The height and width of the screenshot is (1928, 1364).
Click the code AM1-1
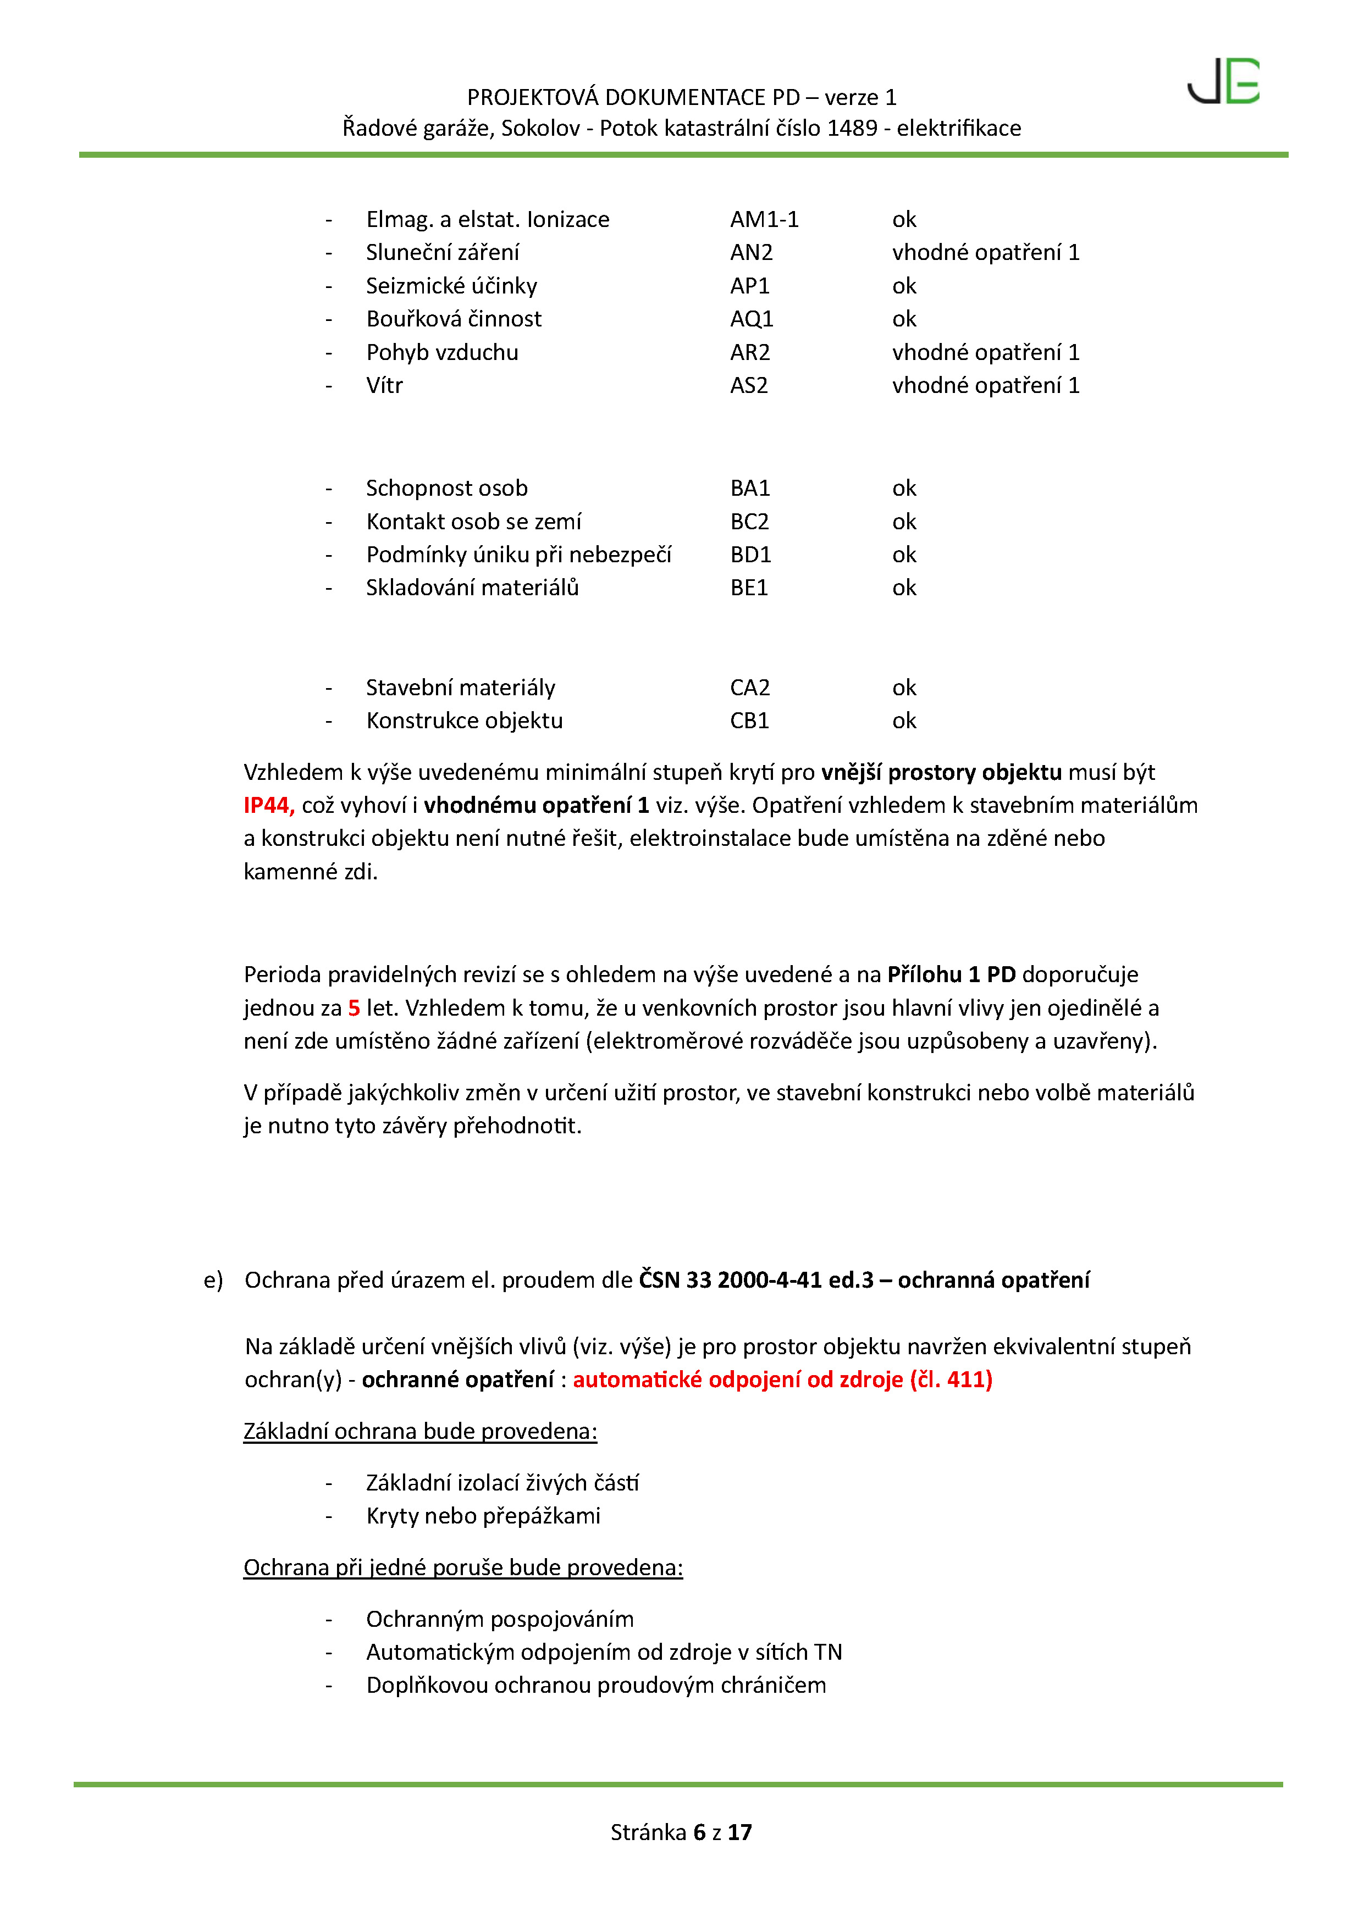click(x=764, y=219)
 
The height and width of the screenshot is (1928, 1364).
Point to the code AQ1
click(x=751, y=319)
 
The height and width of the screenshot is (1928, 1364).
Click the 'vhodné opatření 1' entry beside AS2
click(x=985, y=385)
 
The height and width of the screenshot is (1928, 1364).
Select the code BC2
click(x=749, y=522)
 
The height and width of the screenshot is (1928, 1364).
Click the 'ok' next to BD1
click(x=904, y=555)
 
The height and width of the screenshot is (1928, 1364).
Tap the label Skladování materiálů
click(x=472, y=588)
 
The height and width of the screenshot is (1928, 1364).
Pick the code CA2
click(x=749, y=688)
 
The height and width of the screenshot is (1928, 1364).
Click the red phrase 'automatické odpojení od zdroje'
click(x=737, y=1379)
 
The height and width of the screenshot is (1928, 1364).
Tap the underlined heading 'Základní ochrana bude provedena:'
click(x=420, y=1431)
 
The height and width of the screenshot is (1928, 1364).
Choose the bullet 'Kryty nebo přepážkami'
click(x=483, y=1516)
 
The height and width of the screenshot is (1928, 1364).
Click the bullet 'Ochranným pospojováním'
click(x=500, y=1619)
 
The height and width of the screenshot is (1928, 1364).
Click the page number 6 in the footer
click(x=699, y=1832)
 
